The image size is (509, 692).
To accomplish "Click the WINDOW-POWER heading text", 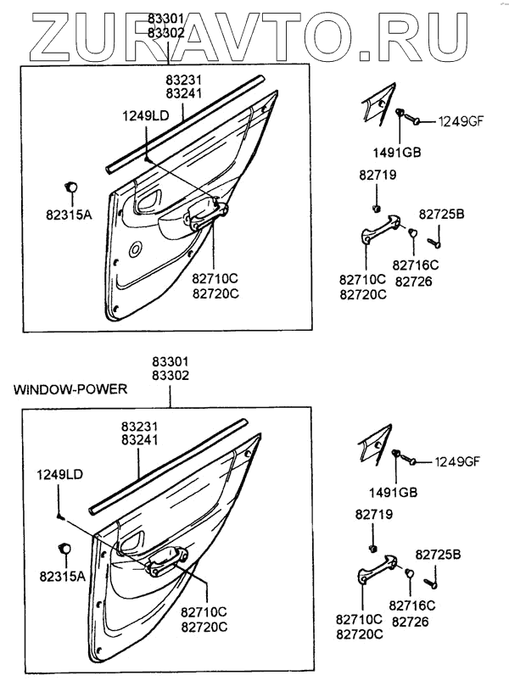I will point(70,390).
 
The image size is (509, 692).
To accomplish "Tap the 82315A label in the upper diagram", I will point(69,215).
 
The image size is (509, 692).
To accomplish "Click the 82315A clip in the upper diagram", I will point(70,187).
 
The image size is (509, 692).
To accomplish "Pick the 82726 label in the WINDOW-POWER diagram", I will point(411,622).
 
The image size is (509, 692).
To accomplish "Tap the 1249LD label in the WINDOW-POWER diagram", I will point(59,476).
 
